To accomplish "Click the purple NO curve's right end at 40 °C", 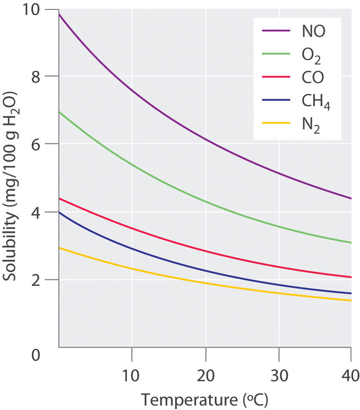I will pos(351,198).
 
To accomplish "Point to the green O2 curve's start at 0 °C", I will pos(59,112).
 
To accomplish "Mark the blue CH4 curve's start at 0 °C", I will pos(59,212).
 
